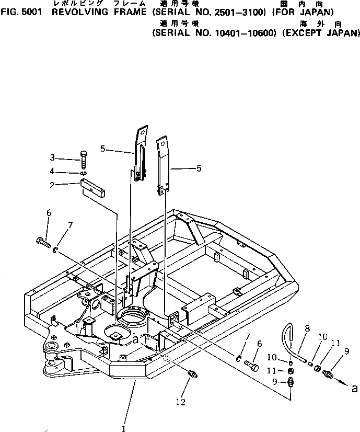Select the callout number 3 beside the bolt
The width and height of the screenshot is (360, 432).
67,157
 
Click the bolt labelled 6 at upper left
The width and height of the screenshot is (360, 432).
43,242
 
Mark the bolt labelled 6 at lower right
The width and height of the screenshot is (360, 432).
251,365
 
